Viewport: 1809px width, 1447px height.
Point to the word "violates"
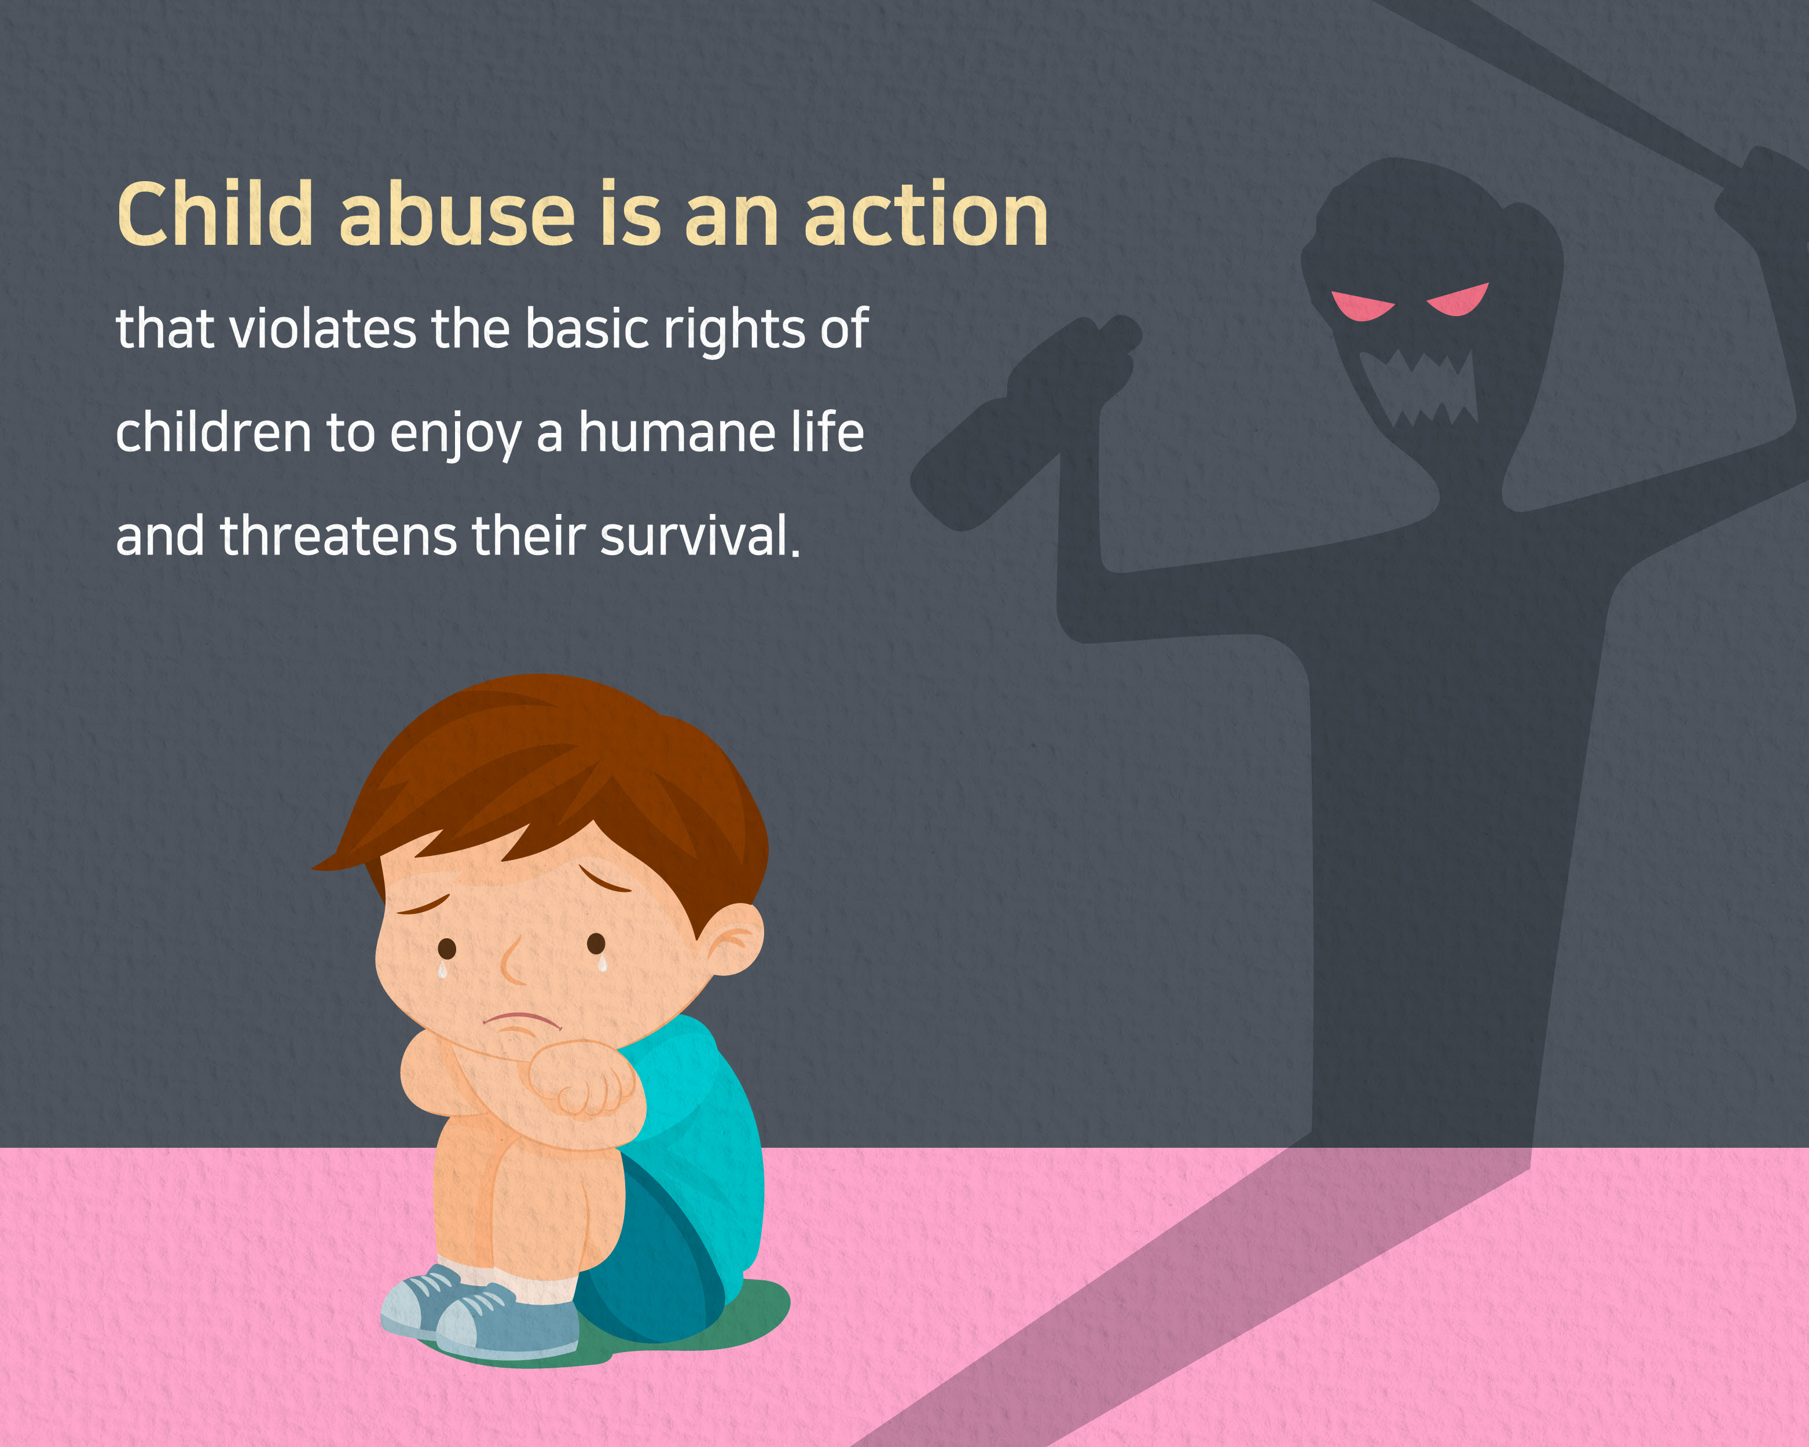pos(322,328)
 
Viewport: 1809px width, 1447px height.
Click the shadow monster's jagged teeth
pos(1418,388)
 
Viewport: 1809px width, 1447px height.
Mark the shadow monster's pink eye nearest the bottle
pos(1361,306)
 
